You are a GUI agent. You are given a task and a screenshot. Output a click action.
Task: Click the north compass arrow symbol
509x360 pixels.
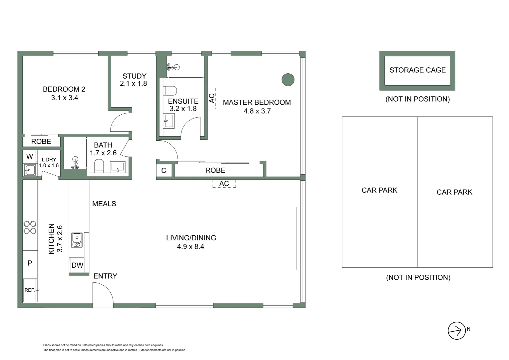pos(456,331)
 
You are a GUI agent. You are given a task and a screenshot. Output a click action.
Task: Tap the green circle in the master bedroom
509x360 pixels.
pos(288,80)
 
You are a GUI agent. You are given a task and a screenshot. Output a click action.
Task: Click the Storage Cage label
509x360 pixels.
pos(417,70)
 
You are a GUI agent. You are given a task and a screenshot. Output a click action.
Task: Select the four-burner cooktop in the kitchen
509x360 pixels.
pos(30,227)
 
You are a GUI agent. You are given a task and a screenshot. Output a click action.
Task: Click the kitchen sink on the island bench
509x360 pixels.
pos(77,240)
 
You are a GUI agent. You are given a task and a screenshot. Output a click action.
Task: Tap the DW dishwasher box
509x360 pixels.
pos(77,265)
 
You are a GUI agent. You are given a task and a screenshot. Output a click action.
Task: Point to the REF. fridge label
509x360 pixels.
pos(30,290)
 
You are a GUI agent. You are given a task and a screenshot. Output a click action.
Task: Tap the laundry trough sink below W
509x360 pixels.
pos(30,170)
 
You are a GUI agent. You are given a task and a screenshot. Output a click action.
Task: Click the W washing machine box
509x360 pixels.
pos(30,156)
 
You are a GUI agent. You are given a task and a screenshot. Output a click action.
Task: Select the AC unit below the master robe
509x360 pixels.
pos(224,183)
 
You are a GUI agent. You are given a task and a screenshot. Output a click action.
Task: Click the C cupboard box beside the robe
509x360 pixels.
pos(164,171)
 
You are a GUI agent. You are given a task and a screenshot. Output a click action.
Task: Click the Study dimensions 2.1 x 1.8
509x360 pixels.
pos(134,84)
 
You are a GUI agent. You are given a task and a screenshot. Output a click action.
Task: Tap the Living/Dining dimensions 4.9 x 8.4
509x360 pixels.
pos(191,247)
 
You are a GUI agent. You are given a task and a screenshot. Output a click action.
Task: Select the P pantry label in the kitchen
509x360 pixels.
pos(30,263)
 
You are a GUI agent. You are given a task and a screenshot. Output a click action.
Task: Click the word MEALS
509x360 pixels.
pos(104,204)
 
